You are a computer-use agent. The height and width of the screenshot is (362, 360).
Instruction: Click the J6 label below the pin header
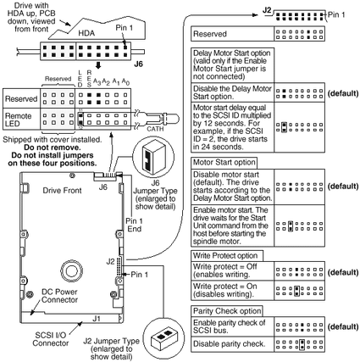coord(138,64)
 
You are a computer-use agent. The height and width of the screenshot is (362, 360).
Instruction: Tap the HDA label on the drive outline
coord(86,33)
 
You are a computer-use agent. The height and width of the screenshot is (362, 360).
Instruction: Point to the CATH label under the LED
coord(155,129)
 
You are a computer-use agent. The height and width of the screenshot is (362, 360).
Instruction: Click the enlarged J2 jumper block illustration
coord(163,337)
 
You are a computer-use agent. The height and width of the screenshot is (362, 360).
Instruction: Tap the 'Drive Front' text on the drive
coord(62,191)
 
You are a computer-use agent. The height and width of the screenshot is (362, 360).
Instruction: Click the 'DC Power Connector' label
coord(59,296)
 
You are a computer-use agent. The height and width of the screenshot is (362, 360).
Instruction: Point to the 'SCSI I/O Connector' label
coord(51,339)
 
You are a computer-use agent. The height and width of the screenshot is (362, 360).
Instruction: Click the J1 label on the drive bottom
coord(97,319)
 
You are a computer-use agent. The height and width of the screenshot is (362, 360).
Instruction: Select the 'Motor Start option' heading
coord(224,163)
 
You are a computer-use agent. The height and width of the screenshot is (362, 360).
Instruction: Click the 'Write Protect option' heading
coord(225,256)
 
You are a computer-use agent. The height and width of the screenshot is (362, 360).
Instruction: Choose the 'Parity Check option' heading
coord(227,311)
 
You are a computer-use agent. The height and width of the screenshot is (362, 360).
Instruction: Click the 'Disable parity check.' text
coord(229,344)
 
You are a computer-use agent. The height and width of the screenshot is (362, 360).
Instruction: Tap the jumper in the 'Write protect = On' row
coord(296,291)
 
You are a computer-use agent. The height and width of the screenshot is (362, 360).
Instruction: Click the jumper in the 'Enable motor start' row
coord(291,226)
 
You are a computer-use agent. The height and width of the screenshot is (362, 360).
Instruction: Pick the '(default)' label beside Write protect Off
coord(343,272)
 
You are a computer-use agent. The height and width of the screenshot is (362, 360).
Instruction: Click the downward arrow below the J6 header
coord(98,65)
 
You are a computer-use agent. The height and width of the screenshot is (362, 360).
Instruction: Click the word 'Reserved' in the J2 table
coord(210,34)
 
